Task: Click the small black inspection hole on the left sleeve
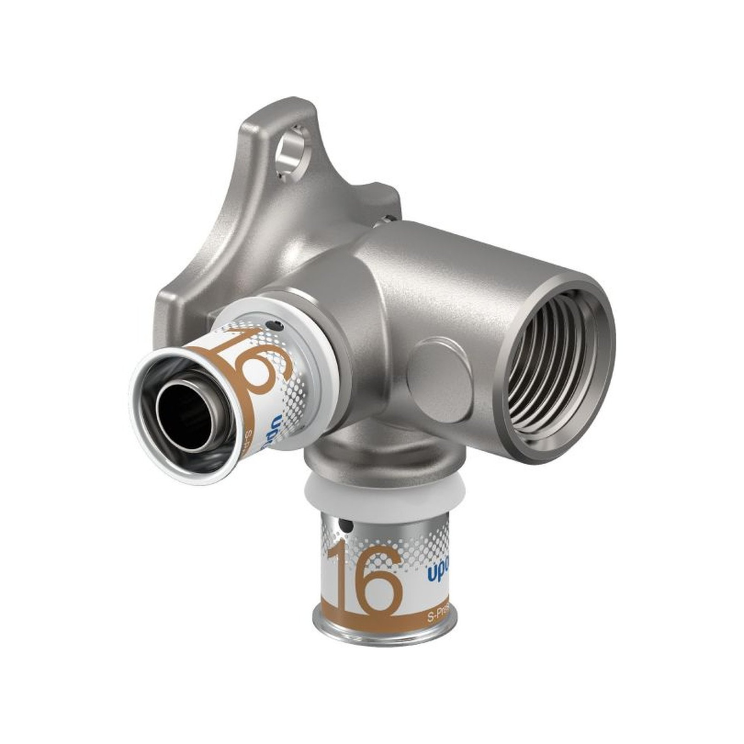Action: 275,327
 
